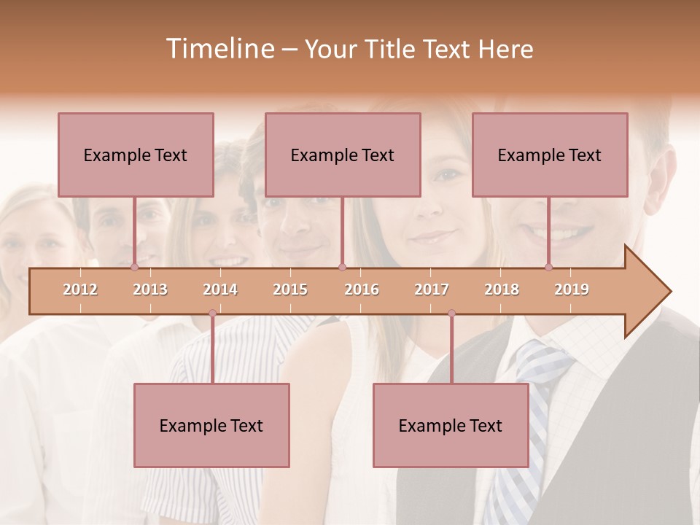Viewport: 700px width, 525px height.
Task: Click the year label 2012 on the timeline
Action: [80, 289]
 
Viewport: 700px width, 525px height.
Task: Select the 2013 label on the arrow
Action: [150, 289]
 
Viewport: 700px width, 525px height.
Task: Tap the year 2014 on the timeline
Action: [220, 289]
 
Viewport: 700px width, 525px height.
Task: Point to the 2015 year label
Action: [290, 289]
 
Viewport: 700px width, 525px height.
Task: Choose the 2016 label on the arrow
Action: [362, 289]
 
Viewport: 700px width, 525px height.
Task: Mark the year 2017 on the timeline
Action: [432, 289]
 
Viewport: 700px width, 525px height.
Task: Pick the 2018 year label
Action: [502, 289]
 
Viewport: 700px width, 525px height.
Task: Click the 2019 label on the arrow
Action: [572, 289]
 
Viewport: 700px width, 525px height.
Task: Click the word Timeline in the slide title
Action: [218, 49]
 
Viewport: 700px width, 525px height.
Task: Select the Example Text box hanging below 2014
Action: [211, 425]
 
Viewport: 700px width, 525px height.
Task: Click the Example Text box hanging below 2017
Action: [451, 425]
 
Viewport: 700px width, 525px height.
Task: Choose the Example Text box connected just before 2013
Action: [136, 155]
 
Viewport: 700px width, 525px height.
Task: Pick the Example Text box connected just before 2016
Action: [343, 155]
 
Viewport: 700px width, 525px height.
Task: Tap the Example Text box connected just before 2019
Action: [550, 155]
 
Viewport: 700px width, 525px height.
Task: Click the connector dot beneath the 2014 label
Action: [212, 314]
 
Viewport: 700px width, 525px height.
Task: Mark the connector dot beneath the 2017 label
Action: [451, 314]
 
